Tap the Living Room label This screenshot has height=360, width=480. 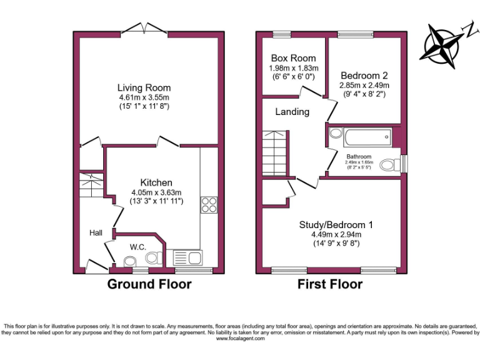point(144,87)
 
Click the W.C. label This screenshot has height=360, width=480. point(138,247)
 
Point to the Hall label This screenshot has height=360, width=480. point(96,232)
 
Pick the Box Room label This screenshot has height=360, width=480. point(293,58)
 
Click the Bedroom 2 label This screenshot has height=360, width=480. point(364,76)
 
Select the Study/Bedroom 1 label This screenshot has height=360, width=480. point(336,224)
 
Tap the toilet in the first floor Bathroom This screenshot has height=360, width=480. point(391,165)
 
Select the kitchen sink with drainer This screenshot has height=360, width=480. point(186,257)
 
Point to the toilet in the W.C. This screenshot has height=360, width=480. point(152,257)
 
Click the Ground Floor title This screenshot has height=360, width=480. point(149,284)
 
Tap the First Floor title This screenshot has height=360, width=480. point(330,284)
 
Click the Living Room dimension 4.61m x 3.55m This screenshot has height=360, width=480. point(144,97)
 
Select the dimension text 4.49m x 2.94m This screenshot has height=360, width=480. point(336,234)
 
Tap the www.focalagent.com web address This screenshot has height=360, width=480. point(240,338)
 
